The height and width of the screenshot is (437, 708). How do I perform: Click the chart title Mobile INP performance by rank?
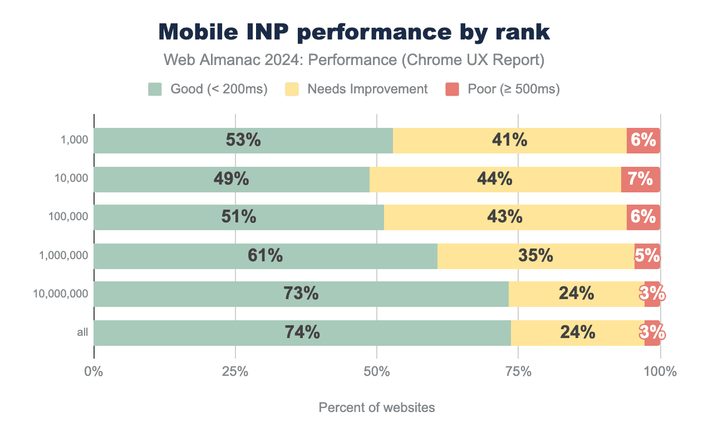tap(354, 32)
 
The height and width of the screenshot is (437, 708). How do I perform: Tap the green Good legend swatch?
tap(155, 89)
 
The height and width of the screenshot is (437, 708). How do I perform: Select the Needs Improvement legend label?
tap(367, 89)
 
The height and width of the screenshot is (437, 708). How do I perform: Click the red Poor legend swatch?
tap(452, 89)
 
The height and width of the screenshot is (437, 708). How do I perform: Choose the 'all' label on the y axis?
tap(82, 332)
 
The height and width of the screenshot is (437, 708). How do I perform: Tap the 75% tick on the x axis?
tap(518, 371)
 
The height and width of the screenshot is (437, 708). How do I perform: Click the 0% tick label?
tap(94, 371)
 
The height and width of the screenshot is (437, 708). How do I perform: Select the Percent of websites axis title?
tap(377, 408)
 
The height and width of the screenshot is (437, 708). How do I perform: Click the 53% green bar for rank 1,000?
tap(243, 141)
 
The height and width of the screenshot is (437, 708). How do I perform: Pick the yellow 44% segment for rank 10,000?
tap(495, 179)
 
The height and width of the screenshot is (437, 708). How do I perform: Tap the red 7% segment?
tap(640, 179)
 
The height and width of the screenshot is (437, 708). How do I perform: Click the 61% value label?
tap(265, 256)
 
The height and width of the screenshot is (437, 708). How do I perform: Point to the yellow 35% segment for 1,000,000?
tap(535, 256)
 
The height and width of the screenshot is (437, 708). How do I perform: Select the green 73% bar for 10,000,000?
tap(301, 294)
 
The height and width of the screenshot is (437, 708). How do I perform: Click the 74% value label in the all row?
tap(302, 332)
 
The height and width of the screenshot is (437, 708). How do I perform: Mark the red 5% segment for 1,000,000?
tap(647, 256)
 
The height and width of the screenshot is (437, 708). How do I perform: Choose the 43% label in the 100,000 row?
tap(505, 217)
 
